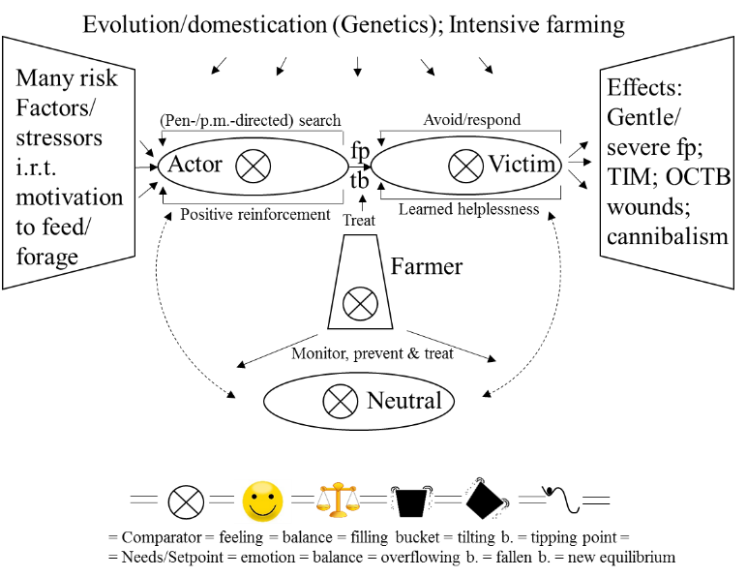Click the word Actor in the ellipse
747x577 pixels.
click(x=194, y=164)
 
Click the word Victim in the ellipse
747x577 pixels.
click(x=523, y=164)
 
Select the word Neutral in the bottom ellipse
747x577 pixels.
click(x=403, y=400)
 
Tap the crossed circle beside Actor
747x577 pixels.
click(x=254, y=166)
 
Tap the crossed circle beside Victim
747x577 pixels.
click(x=465, y=166)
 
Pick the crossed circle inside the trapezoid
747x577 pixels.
click(x=360, y=303)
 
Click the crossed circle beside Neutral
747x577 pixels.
click(x=340, y=401)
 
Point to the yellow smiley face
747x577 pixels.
click(x=262, y=501)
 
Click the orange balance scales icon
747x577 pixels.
click(x=338, y=501)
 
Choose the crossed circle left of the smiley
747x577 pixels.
click(x=187, y=501)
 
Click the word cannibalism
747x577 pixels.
click(x=667, y=236)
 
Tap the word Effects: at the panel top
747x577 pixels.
click(x=644, y=87)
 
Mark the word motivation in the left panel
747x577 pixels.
click(x=70, y=197)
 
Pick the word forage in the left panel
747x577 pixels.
click(x=47, y=257)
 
